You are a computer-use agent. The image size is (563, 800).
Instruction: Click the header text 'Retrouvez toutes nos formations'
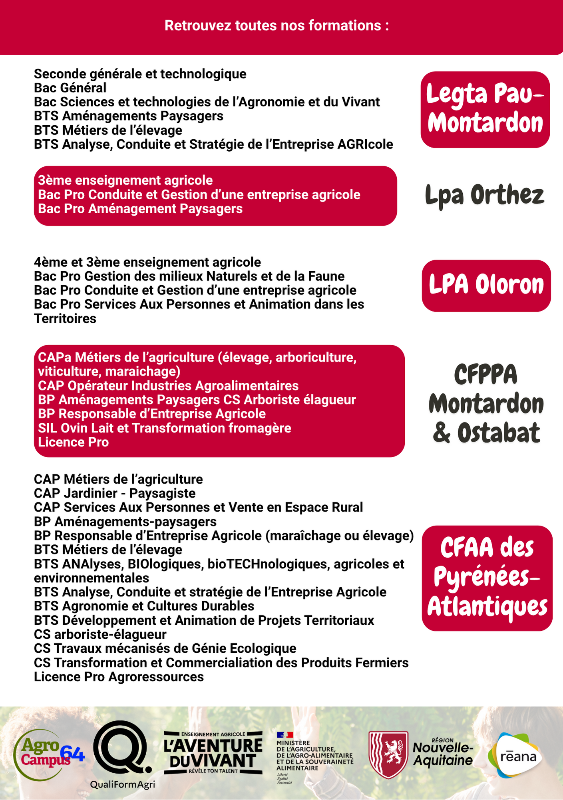(x=277, y=26)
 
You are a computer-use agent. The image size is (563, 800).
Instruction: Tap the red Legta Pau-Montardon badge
(x=485, y=109)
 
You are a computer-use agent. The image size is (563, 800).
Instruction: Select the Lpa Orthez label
(x=485, y=195)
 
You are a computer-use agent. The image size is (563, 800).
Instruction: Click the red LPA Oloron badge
(x=486, y=285)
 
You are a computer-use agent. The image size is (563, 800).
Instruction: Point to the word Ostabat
(x=499, y=433)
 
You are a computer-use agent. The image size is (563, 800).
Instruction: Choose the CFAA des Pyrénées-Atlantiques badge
(x=487, y=578)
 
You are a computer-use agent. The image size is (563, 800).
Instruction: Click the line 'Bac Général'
(x=70, y=88)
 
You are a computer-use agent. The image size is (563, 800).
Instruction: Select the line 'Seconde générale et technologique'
(x=140, y=74)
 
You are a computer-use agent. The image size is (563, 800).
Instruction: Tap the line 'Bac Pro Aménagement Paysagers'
(x=140, y=209)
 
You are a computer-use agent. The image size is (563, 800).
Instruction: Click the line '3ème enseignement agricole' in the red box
(x=125, y=180)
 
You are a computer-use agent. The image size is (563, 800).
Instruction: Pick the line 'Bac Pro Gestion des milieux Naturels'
(x=189, y=276)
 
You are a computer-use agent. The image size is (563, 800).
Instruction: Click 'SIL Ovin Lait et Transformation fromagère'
(x=164, y=428)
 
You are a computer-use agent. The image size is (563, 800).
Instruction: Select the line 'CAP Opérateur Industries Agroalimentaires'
(x=168, y=386)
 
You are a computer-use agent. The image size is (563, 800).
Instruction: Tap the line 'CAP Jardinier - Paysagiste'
(x=115, y=493)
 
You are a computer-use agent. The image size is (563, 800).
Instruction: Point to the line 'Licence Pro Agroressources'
(x=119, y=677)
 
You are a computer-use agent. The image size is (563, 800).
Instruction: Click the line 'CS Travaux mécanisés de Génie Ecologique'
(x=165, y=648)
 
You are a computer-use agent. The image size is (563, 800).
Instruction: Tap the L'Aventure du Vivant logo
(x=213, y=753)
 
